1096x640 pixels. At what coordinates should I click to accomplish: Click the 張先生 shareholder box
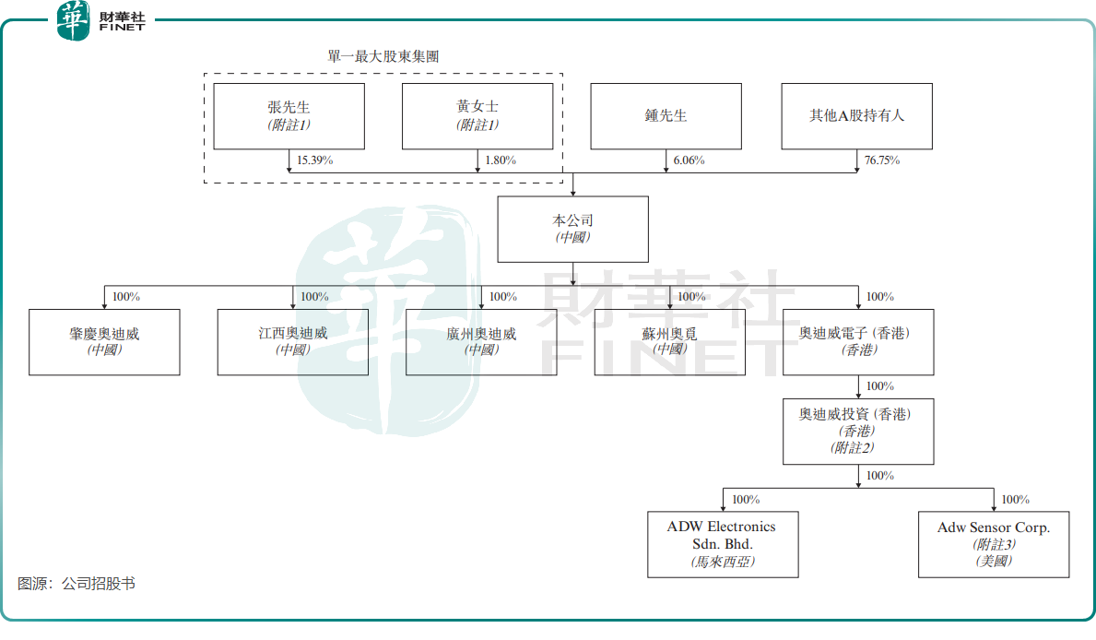(289, 116)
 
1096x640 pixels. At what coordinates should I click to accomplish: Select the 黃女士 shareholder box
(477, 116)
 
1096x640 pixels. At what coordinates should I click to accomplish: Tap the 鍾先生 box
(666, 116)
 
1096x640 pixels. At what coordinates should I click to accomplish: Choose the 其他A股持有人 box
(856, 116)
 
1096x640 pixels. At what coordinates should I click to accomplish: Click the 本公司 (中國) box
(572, 229)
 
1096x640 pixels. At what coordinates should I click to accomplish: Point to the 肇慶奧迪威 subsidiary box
(104, 341)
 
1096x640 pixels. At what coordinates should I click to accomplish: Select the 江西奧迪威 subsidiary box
(292, 341)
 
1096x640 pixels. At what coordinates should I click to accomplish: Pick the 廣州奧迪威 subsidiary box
(481, 341)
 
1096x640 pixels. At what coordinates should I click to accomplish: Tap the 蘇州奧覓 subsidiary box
(669, 341)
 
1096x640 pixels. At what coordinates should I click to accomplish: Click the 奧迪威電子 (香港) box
(858, 341)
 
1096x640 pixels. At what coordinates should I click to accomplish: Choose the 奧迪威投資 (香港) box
(858, 431)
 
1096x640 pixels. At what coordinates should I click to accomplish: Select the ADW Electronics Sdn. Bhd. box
(723, 544)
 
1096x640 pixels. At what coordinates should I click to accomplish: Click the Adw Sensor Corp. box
(994, 544)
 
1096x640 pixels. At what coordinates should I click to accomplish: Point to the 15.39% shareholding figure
(314, 160)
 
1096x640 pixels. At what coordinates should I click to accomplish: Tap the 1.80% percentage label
(501, 160)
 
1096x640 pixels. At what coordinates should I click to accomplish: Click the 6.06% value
(689, 160)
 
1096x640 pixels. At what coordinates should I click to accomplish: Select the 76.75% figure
(882, 160)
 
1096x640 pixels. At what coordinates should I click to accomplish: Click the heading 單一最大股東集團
(383, 56)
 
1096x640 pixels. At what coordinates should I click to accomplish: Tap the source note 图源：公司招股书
(77, 584)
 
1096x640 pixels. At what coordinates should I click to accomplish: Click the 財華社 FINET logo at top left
(101, 20)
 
